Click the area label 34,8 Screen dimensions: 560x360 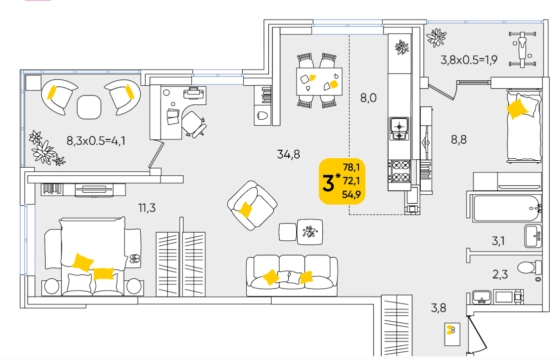(x=289, y=155)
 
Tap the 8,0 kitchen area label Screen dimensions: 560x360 (x=368, y=98)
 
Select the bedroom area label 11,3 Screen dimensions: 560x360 (x=147, y=208)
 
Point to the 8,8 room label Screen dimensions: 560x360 (x=459, y=140)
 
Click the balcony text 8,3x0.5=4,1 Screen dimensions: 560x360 (x=96, y=141)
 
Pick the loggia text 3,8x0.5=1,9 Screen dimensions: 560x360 (x=469, y=60)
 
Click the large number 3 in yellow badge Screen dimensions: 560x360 (x=328, y=183)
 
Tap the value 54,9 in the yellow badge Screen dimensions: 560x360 (x=351, y=195)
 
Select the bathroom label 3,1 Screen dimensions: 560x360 (x=498, y=241)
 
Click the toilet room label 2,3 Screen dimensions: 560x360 (x=500, y=275)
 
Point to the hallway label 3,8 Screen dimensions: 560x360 (x=438, y=308)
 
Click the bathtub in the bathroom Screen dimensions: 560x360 (x=506, y=208)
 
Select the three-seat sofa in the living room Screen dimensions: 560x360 (x=292, y=275)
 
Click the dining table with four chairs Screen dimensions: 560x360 (x=319, y=81)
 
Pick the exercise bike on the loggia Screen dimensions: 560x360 (x=522, y=49)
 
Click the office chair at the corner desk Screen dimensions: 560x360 (x=194, y=124)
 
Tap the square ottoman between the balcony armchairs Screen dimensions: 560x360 (x=89, y=107)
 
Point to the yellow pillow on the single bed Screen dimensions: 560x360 (x=517, y=109)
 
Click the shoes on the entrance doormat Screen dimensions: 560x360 (x=451, y=330)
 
